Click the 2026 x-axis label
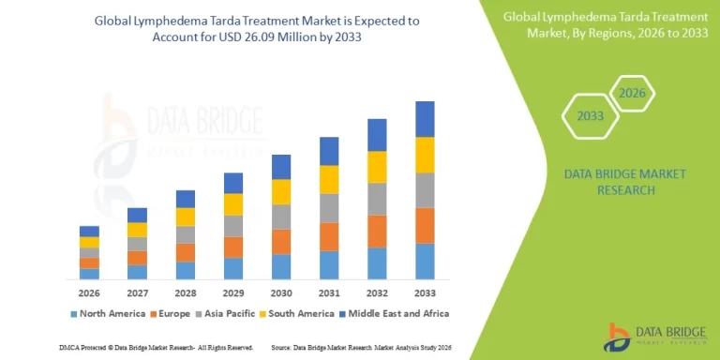(89, 292)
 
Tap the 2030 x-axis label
(281, 292)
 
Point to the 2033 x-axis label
(425, 292)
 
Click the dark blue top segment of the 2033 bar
(425, 119)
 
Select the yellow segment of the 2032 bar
(377, 167)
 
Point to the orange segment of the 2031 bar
(329, 236)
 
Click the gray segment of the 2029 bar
(233, 226)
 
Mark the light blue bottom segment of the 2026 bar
(89, 274)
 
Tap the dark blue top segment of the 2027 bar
(137, 215)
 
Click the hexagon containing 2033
(589, 117)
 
